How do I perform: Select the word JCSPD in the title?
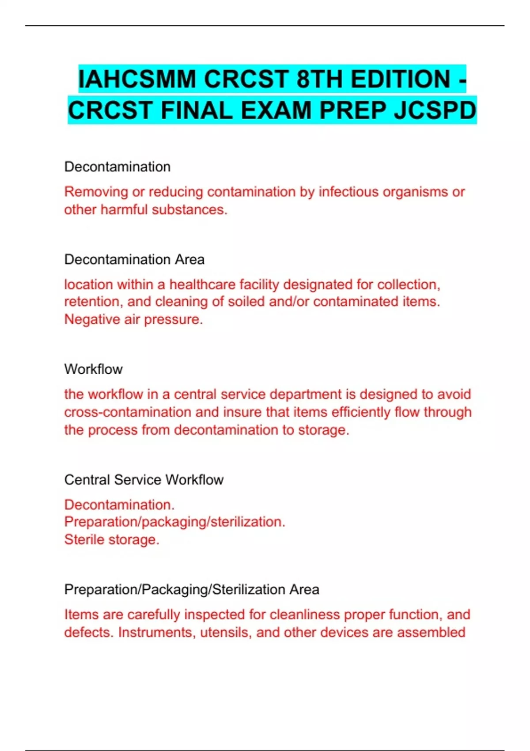pyautogui.click(x=435, y=110)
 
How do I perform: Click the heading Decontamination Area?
pyautogui.click(x=134, y=259)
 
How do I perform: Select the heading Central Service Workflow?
pyautogui.click(x=144, y=480)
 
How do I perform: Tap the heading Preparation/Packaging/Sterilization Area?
pyautogui.click(x=192, y=589)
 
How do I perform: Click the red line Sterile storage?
pyautogui.click(x=112, y=539)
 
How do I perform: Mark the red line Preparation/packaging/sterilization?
pyautogui.click(x=174, y=522)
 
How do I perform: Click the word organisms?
pyautogui.click(x=415, y=192)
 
